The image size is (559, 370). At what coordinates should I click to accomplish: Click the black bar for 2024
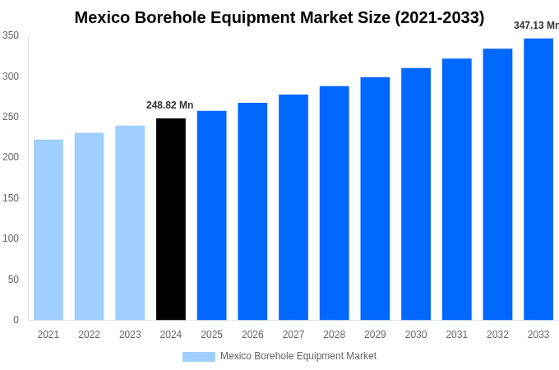pyautogui.click(x=171, y=220)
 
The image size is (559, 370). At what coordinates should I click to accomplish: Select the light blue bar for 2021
pyautogui.click(x=49, y=230)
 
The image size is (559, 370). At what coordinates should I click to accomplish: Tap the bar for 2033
pyautogui.click(x=538, y=179)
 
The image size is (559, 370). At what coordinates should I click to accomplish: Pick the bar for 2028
pyautogui.click(x=335, y=203)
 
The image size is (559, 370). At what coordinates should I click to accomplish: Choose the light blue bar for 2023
pyautogui.click(x=130, y=223)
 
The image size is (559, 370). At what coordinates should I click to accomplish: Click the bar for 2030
pyautogui.click(x=416, y=194)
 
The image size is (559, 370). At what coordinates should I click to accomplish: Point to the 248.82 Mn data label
pyautogui.click(x=170, y=105)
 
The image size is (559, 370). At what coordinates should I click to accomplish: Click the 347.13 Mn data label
pyautogui.click(x=536, y=25)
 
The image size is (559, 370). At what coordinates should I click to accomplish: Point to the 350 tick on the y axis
pyautogui.click(x=11, y=35)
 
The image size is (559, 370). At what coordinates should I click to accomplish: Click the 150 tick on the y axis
pyautogui.click(x=11, y=198)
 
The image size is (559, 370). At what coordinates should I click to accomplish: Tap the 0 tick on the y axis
pyautogui.click(x=16, y=320)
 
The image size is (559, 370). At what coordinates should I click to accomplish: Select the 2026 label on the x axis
pyautogui.click(x=252, y=335)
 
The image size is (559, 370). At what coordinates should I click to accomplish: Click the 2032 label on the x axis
pyautogui.click(x=497, y=335)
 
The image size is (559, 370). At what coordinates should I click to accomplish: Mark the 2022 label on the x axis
pyautogui.click(x=89, y=335)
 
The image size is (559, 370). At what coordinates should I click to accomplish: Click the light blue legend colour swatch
pyautogui.click(x=199, y=357)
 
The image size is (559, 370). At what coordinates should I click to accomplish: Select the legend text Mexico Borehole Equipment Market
pyautogui.click(x=298, y=356)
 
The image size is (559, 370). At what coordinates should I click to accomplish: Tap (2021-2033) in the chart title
pyautogui.click(x=440, y=17)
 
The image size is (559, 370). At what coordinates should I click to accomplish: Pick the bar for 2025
pyautogui.click(x=212, y=215)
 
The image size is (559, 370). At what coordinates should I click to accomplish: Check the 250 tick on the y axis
pyautogui.click(x=11, y=117)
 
